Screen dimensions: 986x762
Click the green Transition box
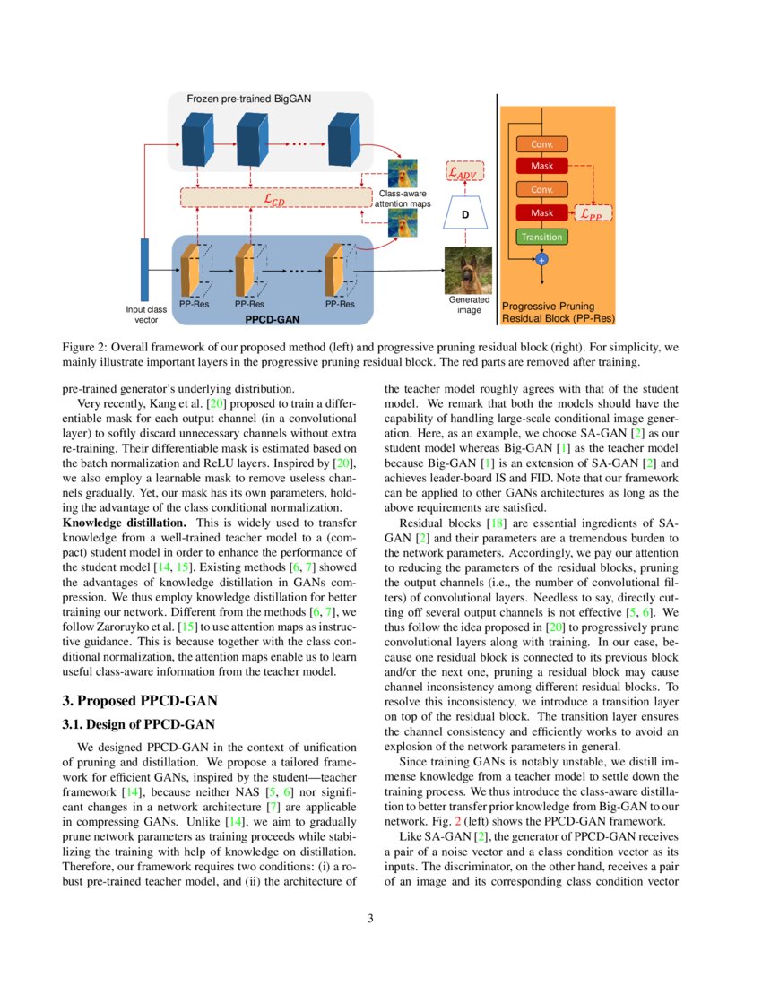541,237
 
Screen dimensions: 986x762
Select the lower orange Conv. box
541,190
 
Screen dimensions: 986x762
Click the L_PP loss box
593,214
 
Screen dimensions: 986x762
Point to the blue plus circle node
541,259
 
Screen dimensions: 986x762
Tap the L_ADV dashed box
464,172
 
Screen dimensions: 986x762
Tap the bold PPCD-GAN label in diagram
272,318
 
